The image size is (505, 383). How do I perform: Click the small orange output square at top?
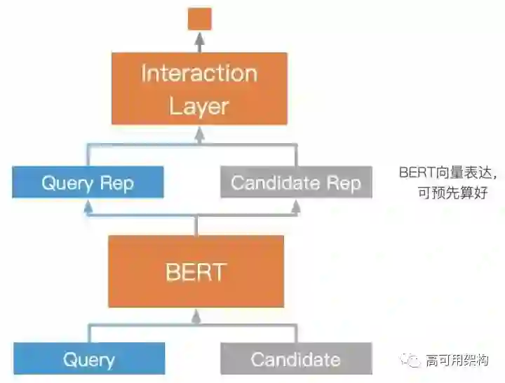[x=199, y=19]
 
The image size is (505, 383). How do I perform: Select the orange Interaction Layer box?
[x=199, y=88]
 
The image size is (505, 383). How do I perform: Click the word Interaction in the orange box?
[x=199, y=73]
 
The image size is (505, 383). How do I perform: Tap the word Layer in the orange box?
[x=199, y=107]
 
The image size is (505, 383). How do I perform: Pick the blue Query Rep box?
[x=88, y=183]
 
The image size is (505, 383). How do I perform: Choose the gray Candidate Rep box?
[x=296, y=183]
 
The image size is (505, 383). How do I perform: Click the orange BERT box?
[x=196, y=271]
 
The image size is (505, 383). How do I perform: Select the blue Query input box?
[x=88, y=359]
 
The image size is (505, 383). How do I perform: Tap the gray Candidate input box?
[x=295, y=359]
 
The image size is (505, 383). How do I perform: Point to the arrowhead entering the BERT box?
[x=196, y=317]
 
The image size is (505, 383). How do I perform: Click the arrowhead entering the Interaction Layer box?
[x=199, y=129]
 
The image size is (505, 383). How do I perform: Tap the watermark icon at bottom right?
[x=412, y=361]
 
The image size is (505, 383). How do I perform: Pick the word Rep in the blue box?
[x=116, y=184]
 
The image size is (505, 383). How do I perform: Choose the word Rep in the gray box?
[x=344, y=184]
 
